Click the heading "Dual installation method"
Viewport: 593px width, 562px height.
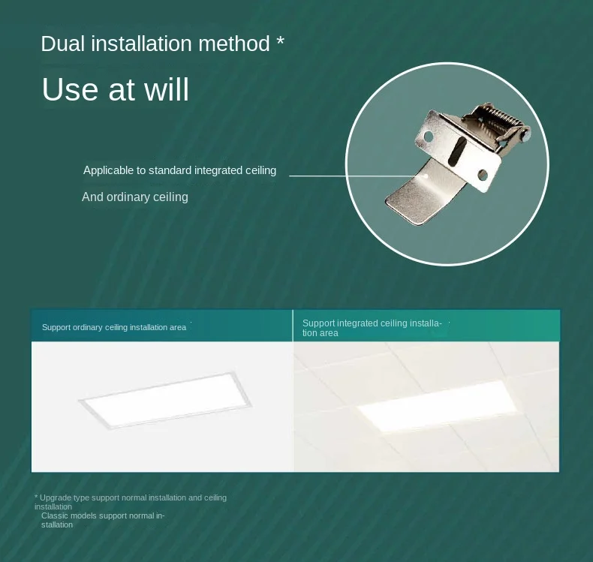click(155, 44)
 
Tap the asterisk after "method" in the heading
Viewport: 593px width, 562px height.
click(280, 41)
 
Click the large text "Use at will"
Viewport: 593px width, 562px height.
click(116, 90)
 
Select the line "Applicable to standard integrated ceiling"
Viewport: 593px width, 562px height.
click(179, 170)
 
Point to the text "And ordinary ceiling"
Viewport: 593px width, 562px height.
click(135, 197)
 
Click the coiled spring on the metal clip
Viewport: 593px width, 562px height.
click(495, 120)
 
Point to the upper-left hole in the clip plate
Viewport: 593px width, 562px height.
click(429, 137)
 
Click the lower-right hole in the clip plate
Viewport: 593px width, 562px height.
click(482, 176)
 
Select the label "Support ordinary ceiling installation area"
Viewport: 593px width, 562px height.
click(114, 327)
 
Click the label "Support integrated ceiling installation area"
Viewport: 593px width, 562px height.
click(372, 328)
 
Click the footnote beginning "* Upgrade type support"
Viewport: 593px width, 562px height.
click(131, 502)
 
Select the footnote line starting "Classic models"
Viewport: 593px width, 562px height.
click(103, 520)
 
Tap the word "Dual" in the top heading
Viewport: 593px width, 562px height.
click(62, 44)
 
